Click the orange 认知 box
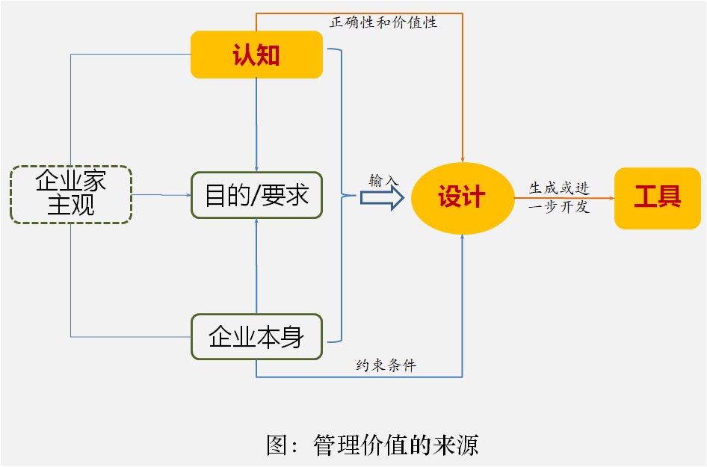(x=256, y=55)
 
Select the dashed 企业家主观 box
(x=71, y=194)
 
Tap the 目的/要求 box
(x=256, y=195)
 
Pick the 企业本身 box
(x=256, y=337)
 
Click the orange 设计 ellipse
(x=462, y=197)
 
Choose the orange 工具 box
(x=657, y=197)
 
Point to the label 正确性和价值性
(x=383, y=22)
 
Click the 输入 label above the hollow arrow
(x=384, y=180)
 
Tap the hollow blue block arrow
(x=382, y=198)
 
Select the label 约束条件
(x=386, y=365)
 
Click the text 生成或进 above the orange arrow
(x=559, y=188)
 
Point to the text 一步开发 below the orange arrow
(x=559, y=207)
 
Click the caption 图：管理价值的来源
(x=372, y=445)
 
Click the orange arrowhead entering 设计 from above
(x=463, y=158)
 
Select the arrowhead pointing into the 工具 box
(x=610, y=198)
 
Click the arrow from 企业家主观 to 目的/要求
(x=161, y=195)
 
